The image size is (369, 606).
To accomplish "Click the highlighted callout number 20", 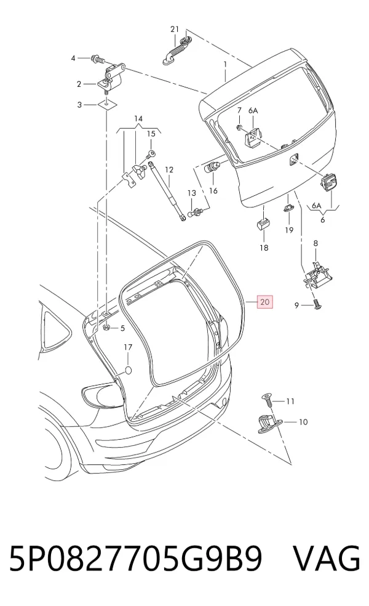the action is tap(265, 301).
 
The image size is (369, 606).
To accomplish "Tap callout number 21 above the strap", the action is tap(175, 30).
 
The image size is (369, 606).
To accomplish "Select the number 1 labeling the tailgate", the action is tap(225, 63).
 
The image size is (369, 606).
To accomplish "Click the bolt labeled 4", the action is tap(97, 60).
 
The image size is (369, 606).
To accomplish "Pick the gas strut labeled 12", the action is tap(167, 192).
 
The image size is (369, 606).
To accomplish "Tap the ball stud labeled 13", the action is tap(196, 212).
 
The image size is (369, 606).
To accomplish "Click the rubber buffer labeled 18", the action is tap(263, 223).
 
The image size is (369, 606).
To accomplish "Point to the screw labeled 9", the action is tap(317, 305).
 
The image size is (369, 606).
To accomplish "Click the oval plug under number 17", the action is tap(128, 370).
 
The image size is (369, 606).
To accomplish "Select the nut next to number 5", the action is tap(107, 328).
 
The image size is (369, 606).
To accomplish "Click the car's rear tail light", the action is tap(100, 395).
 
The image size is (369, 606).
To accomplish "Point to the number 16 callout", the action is tap(213, 190).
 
